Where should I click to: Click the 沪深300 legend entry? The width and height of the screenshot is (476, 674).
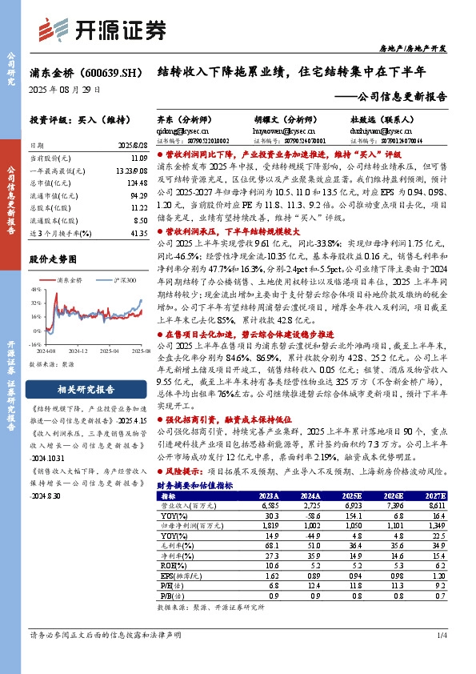point(117,280)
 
